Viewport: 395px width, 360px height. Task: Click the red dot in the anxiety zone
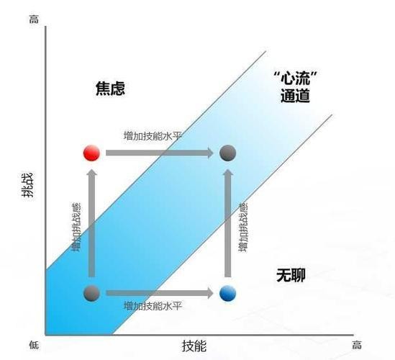(x=91, y=153)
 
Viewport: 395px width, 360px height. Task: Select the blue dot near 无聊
(x=228, y=293)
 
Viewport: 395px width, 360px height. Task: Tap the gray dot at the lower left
(x=91, y=293)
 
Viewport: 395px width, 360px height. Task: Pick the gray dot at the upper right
(x=228, y=153)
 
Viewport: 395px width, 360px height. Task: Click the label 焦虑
(x=110, y=89)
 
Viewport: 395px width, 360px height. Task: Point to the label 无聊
(x=291, y=275)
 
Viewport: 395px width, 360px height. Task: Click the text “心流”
(x=295, y=78)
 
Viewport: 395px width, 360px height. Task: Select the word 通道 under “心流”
(x=295, y=96)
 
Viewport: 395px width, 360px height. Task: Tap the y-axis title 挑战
(x=27, y=185)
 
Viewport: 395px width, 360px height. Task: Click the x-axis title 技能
(x=194, y=346)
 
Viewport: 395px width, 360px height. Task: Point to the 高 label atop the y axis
(x=34, y=19)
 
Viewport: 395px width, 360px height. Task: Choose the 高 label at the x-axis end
(x=357, y=345)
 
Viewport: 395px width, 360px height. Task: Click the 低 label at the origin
(x=34, y=345)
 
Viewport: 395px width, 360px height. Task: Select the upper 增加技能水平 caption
(x=153, y=136)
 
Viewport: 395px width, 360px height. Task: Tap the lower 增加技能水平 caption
(x=153, y=306)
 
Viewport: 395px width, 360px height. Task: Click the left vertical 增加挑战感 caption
(x=76, y=227)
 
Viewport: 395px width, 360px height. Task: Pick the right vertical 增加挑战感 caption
(x=243, y=227)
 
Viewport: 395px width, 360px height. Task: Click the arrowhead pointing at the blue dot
(x=210, y=293)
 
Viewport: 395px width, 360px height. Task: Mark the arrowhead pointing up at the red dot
(x=92, y=172)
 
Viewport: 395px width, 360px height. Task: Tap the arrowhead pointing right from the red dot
(x=210, y=153)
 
